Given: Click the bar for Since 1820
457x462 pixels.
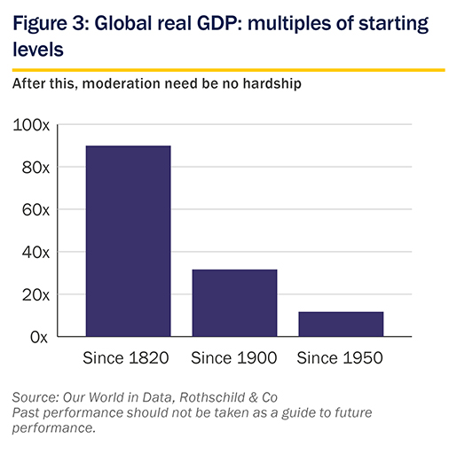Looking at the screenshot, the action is tap(128, 241).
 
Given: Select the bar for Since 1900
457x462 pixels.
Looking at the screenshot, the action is tap(234, 303).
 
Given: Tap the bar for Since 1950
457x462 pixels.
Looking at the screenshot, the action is tap(341, 324).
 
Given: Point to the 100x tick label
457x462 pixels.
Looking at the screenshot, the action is tap(31, 125).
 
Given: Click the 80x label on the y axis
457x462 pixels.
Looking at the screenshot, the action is tap(35, 168).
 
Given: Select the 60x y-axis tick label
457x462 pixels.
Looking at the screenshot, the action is tap(35, 210).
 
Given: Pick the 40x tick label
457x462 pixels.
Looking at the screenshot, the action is tap(35, 253).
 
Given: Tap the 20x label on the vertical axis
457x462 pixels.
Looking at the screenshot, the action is tap(35, 295).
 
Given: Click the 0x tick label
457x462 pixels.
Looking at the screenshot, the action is tap(39, 337).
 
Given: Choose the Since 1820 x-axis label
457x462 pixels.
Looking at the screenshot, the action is tap(126, 358).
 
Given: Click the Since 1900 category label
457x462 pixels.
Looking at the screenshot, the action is tap(234, 358).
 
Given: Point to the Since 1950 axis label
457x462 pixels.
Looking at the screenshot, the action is tap(340, 358).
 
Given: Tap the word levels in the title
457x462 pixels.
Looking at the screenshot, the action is tap(38, 49).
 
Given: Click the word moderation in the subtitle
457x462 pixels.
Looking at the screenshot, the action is tap(121, 83).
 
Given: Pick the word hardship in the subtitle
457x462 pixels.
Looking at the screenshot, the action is tap(272, 84).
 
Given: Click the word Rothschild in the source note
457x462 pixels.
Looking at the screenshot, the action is tap(212, 397).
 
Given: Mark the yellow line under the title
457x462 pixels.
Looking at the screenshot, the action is tap(229, 70).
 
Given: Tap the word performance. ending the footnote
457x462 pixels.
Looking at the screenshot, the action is tap(54, 428).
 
